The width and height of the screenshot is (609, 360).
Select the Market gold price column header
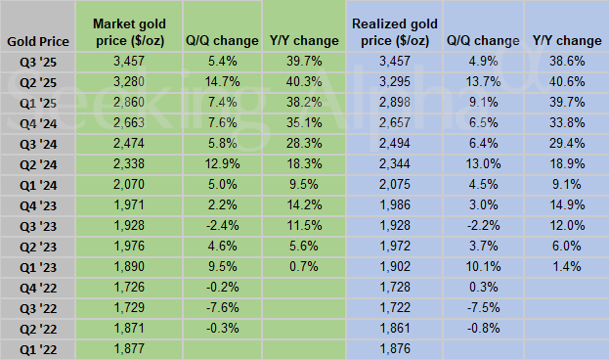132,30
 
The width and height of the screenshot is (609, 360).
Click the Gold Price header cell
37,41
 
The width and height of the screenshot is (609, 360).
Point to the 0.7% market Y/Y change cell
302,266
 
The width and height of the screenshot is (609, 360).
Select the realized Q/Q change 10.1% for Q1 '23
481,266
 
